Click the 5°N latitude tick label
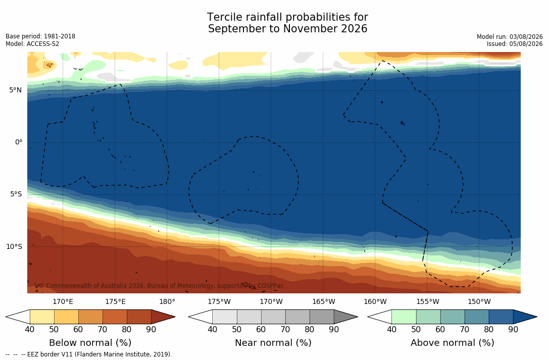click(x=15, y=90)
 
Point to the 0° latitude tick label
click(x=19, y=142)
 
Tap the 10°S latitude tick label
click(x=14, y=247)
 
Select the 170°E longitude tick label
click(x=63, y=301)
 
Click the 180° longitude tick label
click(x=167, y=301)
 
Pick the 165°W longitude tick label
click(x=323, y=301)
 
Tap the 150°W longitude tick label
click(x=479, y=301)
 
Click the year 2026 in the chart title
click(x=354, y=29)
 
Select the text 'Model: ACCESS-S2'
click(x=32, y=44)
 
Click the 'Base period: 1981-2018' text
click(x=40, y=36)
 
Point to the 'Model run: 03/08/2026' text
click(x=510, y=37)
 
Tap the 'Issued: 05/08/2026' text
click(x=515, y=44)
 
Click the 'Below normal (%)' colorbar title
click(x=90, y=343)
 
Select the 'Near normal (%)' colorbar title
click(x=273, y=343)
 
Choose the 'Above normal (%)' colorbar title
click(x=452, y=343)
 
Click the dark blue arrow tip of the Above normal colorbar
click(x=536, y=317)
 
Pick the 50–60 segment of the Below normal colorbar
click(x=66, y=317)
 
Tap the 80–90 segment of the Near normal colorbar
click(x=322, y=317)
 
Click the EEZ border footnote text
click(x=89, y=354)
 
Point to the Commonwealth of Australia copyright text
click(x=161, y=286)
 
